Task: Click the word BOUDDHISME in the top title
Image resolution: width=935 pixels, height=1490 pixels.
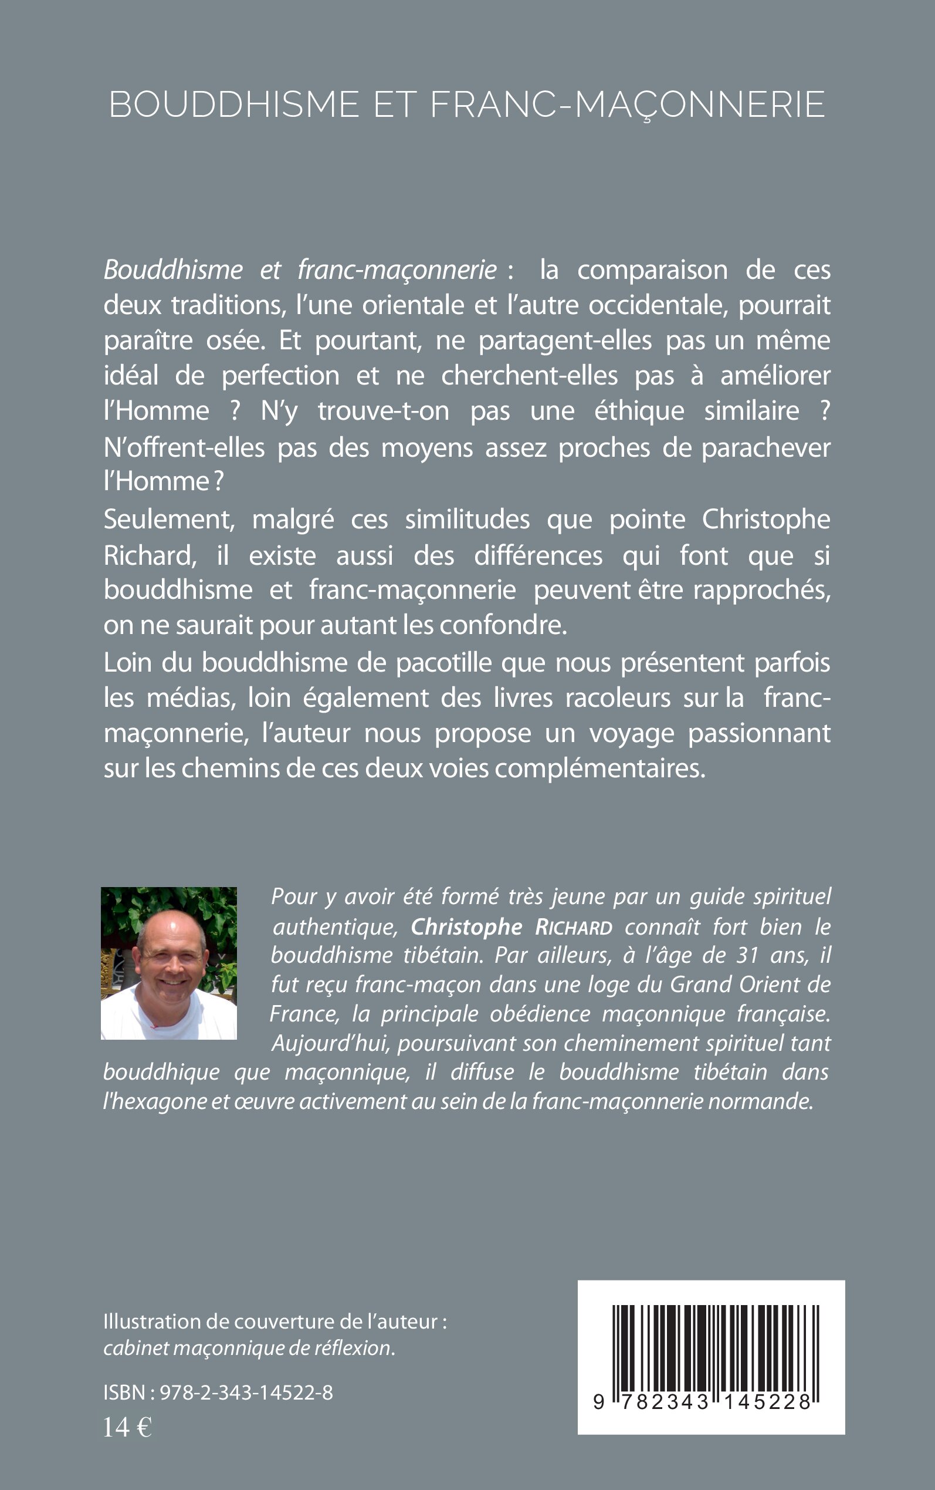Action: coord(233,104)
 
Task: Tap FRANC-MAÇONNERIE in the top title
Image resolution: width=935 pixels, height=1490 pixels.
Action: coord(627,104)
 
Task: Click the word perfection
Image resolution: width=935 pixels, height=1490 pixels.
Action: coord(280,376)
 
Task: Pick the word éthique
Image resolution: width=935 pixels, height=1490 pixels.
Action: coord(639,412)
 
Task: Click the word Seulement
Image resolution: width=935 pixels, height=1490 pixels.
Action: coord(169,520)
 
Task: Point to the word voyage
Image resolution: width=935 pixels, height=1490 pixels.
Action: coord(631,734)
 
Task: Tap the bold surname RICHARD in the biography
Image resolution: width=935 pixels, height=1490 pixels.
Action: coord(573,928)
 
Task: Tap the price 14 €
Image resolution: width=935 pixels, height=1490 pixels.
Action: coord(127,1428)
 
